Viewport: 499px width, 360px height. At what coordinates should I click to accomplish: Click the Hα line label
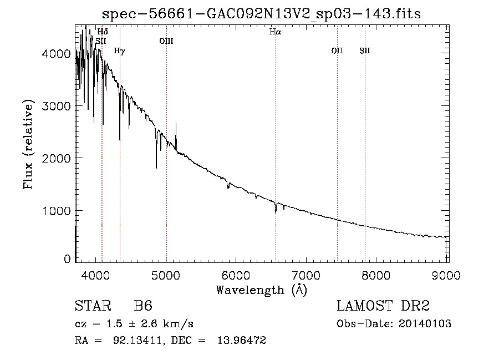[x=275, y=32]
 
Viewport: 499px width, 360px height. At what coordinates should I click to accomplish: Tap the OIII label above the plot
[x=166, y=40]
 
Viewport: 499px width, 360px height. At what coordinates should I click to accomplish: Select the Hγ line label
[x=119, y=51]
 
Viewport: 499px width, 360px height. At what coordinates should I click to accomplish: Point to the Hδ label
[x=103, y=32]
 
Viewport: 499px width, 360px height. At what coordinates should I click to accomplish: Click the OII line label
[x=337, y=50]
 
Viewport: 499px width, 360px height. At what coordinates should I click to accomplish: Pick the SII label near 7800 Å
[x=364, y=50]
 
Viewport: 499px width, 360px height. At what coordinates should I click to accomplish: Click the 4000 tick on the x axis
[x=96, y=274]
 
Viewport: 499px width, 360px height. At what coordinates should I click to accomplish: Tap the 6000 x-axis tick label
[x=236, y=274]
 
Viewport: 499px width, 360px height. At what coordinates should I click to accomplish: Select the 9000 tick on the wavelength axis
[x=446, y=274]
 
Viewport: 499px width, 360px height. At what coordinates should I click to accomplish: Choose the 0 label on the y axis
[x=67, y=259]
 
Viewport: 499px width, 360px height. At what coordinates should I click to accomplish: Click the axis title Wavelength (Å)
[x=261, y=290]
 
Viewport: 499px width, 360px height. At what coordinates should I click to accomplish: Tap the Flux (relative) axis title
[x=28, y=144]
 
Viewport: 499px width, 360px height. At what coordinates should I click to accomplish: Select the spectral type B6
[x=143, y=307]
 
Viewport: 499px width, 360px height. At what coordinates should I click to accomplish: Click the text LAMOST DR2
[x=383, y=307]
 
